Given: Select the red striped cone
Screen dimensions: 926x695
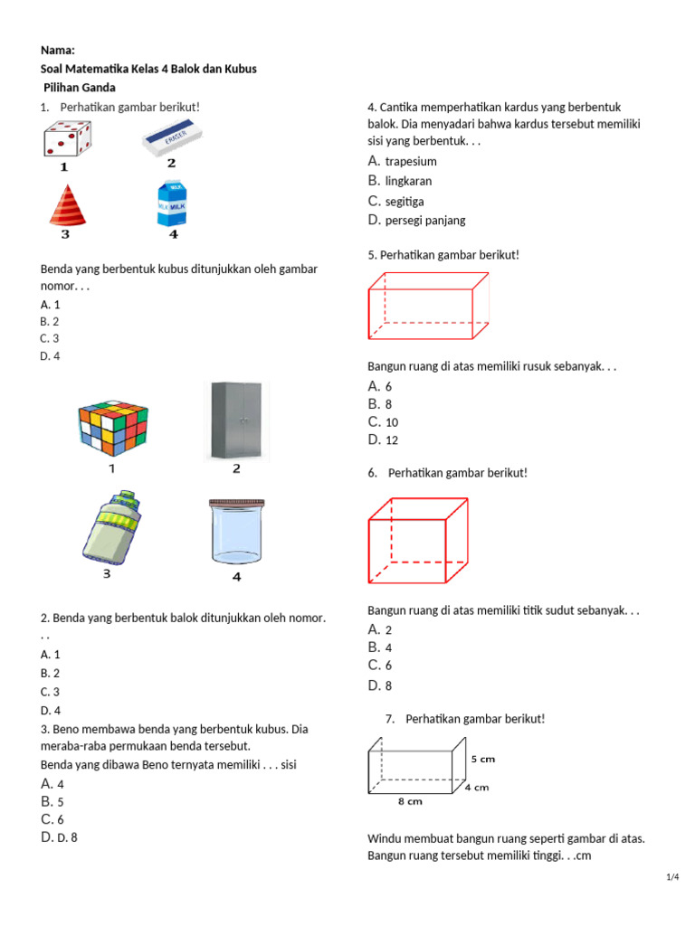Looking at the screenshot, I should point(68,205).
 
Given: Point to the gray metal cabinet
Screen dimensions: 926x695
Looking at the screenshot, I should point(236,420).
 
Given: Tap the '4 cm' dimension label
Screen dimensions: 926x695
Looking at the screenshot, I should point(477,787).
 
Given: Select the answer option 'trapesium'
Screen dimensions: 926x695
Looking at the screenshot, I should point(411,162).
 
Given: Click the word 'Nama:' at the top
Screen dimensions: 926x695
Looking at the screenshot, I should point(57,51).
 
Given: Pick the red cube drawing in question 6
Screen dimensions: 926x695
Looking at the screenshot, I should point(417,540).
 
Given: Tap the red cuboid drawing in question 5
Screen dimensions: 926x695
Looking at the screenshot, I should point(428,307).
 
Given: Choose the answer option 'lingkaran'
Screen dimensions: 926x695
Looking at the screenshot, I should point(408,181).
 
